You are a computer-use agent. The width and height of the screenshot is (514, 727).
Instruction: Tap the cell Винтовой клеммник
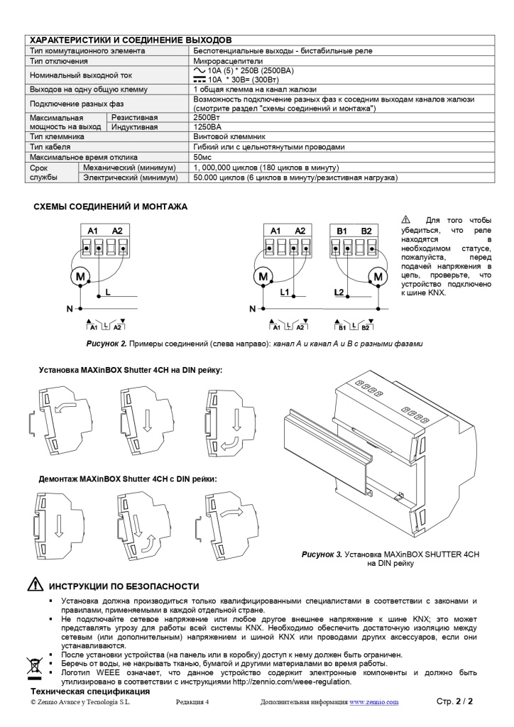229,136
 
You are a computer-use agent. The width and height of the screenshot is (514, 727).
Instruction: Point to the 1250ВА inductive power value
207,127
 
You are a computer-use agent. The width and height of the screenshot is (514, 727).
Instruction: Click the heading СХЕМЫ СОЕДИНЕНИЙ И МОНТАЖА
111,207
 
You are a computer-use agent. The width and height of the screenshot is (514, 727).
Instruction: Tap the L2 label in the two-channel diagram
339,292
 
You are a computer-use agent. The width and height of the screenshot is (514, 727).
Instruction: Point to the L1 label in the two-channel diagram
285,292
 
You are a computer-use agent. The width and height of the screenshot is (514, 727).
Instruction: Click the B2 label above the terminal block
366,231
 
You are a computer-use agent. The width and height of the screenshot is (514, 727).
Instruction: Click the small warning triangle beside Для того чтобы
406,220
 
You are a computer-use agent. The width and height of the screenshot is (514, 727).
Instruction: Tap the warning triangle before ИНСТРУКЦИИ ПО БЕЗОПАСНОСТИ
34,586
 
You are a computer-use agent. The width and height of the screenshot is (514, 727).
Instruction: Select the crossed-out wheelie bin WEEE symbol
34,665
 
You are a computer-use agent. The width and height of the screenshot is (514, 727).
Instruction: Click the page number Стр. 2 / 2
454,701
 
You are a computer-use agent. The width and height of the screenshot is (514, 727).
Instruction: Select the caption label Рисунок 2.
106,344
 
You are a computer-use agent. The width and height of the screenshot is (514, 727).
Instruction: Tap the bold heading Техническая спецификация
89,691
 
